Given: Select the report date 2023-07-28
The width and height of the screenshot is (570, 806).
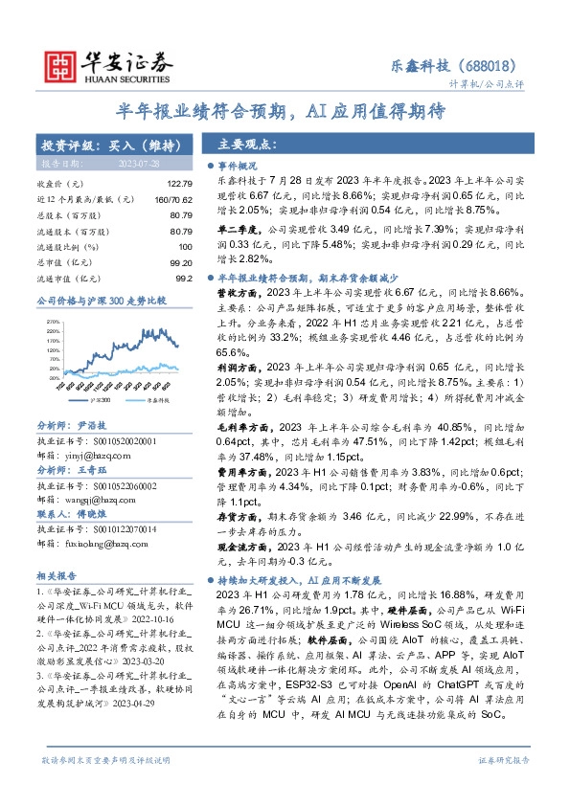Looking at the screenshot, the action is tap(156, 165).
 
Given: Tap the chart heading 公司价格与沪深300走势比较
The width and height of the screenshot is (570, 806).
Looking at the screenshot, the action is tap(101, 301).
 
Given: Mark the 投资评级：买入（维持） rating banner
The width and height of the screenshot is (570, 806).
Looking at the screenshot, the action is tap(109, 146).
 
